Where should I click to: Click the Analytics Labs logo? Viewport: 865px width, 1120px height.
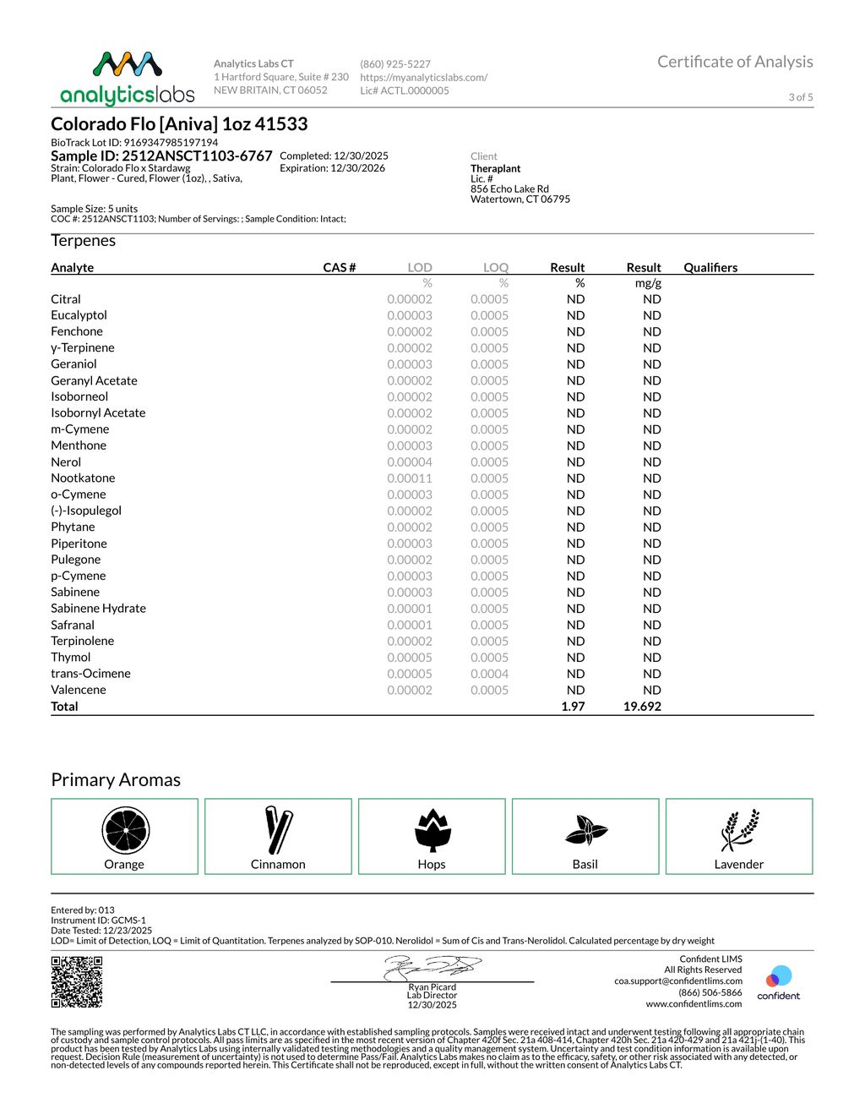pyautogui.click(x=128, y=79)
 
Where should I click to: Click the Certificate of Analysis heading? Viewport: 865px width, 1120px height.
pyautogui.click(x=735, y=62)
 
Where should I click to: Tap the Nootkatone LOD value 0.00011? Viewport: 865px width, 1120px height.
pyautogui.click(x=410, y=478)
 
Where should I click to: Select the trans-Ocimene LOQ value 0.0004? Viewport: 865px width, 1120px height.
pyautogui.click(x=489, y=674)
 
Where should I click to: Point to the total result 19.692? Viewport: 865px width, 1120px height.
pyautogui.click(x=642, y=707)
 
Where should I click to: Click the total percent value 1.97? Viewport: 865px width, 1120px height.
pyautogui.click(x=573, y=707)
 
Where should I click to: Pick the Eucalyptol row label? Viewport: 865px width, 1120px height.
pyautogui.click(x=79, y=315)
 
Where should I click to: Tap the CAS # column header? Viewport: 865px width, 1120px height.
pyautogui.click(x=340, y=268)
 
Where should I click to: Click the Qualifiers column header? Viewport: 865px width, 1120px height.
pyautogui.click(x=710, y=268)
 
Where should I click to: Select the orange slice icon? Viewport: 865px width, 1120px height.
pyautogui.click(x=125, y=830)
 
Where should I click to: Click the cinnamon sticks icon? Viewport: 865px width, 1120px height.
pyautogui.click(x=278, y=830)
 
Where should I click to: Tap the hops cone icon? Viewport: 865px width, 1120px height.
pyautogui.click(x=432, y=830)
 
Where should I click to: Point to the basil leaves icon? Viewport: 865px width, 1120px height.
pyautogui.click(x=585, y=831)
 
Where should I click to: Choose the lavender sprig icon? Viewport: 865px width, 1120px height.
pyautogui.click(x=739, y=830)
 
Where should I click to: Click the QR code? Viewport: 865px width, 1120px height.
pyautogui.click(x=77, y=981)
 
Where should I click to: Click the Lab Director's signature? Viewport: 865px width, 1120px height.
pyautogui.click(x=432, y=968)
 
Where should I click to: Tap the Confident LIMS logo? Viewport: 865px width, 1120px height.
pyautogui.click(x=778, y=983)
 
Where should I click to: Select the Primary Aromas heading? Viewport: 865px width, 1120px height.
pyautogui.click(x=116, y=780)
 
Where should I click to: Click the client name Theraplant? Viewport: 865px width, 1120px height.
pyautogui.click(x=496, y=169)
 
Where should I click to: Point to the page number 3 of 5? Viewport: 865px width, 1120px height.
pyautogui.click(x=801, y=97)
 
